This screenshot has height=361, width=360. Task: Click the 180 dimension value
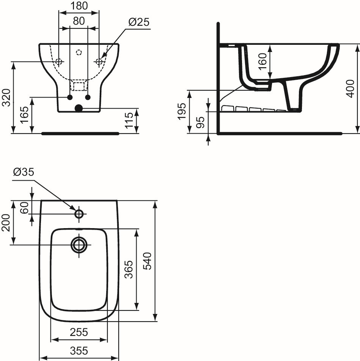pyautogui.click(x=79, y=6)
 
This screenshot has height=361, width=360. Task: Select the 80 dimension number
pyautogui.click(x=79, y=21)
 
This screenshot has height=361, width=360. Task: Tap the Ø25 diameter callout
pyautogui.click(x=139, y=22)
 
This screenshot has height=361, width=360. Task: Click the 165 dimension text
pyautogui.click(x=25, y=115)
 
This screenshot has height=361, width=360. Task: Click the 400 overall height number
pyautogui.click(x=350, y=89)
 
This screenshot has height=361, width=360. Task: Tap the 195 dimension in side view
pyautogui.click(x=182, y=111)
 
